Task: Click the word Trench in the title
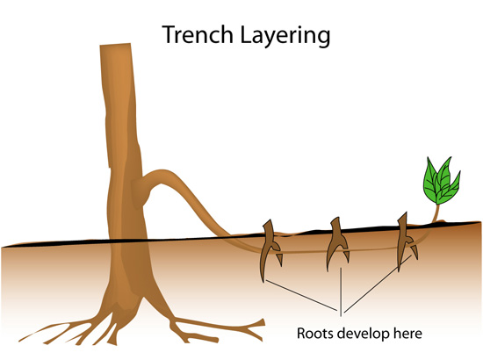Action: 198,34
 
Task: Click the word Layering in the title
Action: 285,36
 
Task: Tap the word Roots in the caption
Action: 315,333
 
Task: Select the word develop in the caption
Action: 364,334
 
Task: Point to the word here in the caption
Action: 407,333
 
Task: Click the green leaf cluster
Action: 441,182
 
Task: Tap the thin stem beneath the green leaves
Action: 436,213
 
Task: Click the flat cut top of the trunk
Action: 115,46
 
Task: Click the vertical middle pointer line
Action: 341,292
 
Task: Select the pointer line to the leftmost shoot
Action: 302,295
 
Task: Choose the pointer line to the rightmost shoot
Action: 378,284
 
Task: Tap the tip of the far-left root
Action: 20,340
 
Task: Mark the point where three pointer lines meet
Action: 341,311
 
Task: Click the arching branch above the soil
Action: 191,197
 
